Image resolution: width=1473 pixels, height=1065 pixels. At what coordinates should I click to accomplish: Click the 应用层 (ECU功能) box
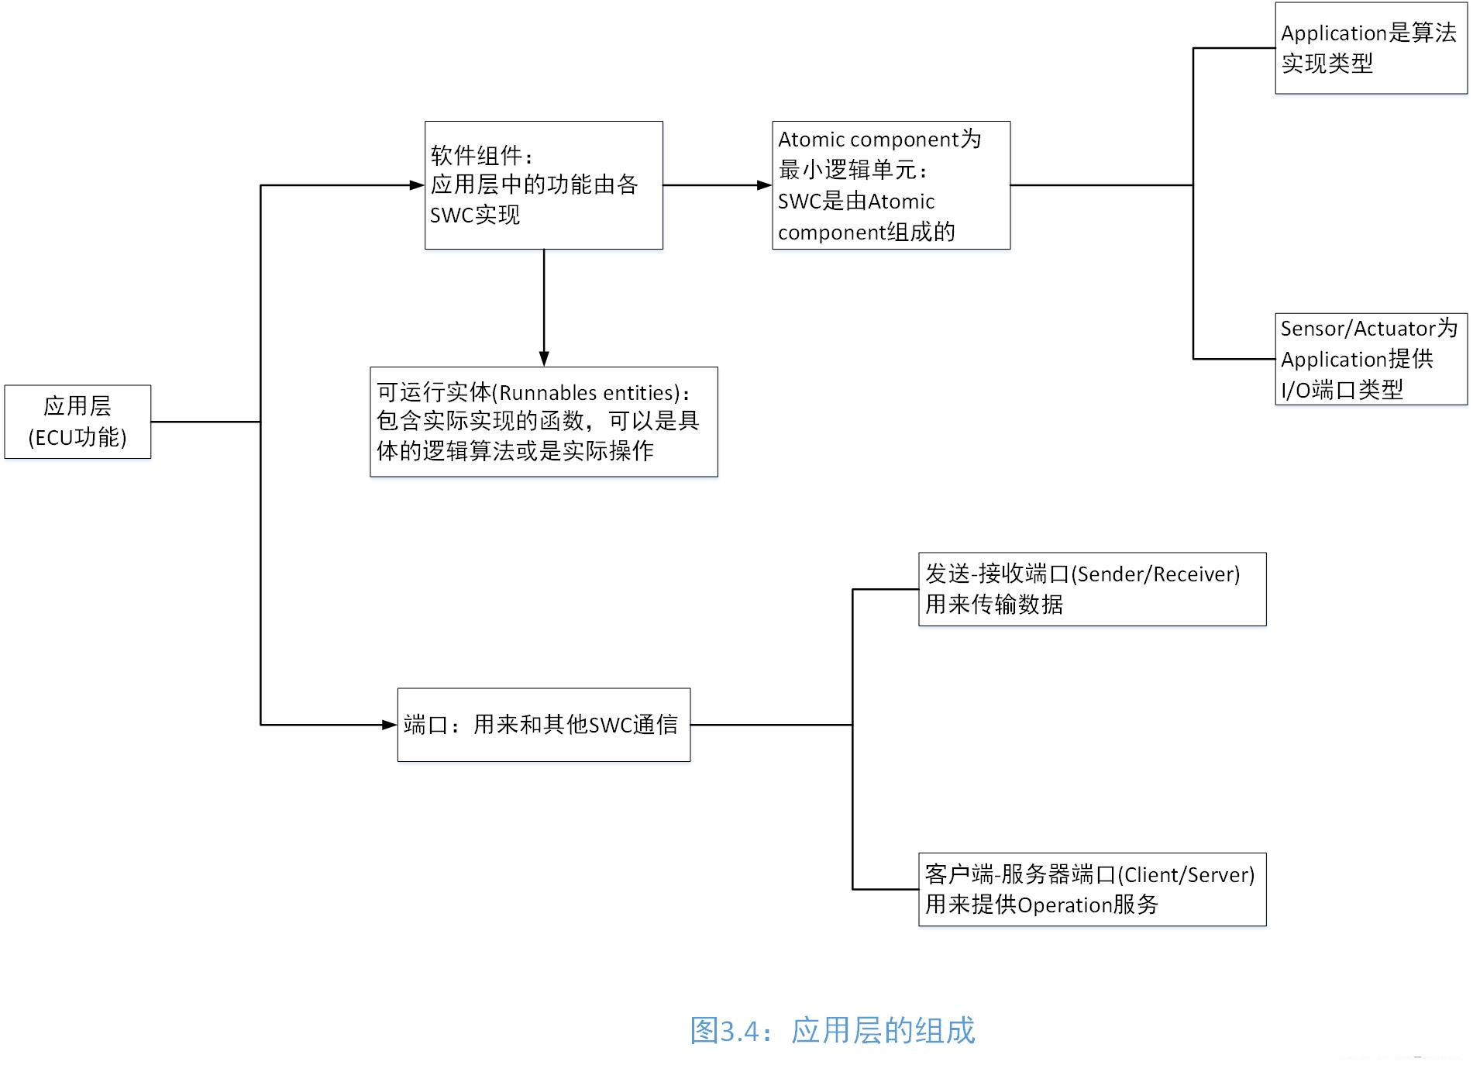[77, 422]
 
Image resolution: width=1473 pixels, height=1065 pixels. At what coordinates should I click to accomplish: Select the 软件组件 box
[544, 185]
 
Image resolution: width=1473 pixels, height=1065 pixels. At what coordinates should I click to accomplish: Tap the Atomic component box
[891, 185]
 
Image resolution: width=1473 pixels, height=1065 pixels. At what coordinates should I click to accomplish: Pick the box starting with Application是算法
[1371, 48]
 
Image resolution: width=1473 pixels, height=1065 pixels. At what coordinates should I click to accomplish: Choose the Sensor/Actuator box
[1371, 359]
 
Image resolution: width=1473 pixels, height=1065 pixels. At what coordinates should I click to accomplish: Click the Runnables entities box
[544, 422]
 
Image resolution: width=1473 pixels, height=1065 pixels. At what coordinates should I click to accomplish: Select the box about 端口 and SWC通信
[544, 725]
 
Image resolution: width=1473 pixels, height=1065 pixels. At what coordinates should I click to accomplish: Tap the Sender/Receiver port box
[1093, 589]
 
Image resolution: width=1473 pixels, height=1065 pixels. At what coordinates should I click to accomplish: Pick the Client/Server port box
[1093, 890]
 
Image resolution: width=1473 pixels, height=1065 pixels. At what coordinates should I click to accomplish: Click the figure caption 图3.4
[832, 1031]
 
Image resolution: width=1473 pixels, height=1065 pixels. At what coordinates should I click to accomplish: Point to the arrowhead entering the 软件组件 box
[417, 185]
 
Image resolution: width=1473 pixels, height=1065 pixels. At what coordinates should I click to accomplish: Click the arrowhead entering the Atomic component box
[765, 185]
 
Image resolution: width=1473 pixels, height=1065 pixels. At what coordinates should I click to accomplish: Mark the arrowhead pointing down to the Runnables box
[544, 359]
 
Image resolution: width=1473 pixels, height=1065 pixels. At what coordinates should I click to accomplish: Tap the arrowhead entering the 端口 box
[390, 725]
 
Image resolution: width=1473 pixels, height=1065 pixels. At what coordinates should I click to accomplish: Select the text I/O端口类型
[1342, 390]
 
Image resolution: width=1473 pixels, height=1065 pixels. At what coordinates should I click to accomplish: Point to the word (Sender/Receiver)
[1155, 574]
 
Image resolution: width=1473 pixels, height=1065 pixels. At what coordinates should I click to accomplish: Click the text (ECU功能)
[77, 438]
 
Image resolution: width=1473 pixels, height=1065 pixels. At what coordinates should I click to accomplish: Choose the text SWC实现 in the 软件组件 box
[475, 215]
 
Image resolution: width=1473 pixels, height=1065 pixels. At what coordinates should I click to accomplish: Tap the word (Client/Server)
[1186, 875]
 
